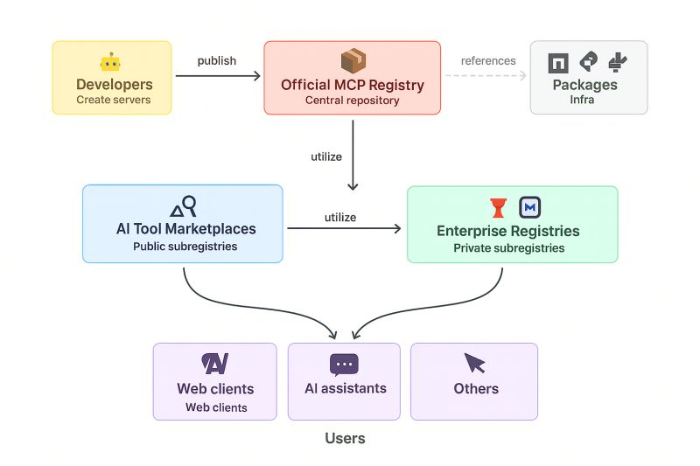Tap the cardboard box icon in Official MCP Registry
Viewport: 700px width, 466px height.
tap(353, 60)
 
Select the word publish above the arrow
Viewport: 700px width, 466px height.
tap(217, 61)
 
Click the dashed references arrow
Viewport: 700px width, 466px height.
tap(486, 76)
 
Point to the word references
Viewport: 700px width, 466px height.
tap(488, 60)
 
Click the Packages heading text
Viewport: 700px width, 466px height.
tap(584, 85)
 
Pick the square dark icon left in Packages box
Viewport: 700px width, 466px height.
tap(558, 63)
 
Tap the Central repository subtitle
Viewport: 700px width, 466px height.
tap(353, 101)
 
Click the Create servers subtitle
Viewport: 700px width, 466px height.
tap(114, 100)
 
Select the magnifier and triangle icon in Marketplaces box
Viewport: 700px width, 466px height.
tap(184, 206)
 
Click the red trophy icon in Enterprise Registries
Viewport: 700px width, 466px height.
tap(498, 208)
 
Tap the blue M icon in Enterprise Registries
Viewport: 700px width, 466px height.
tap(530, 207)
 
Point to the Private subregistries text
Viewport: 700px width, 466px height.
tap(509, 248)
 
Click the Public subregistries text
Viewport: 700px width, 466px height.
tap(185, 247)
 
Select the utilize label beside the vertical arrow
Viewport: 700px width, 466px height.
tap(326, 157)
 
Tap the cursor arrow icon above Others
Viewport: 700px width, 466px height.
tap(474, 363)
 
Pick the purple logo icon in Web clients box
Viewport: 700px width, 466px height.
tap(214, 364)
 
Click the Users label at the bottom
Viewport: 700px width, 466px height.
tap(345, 438)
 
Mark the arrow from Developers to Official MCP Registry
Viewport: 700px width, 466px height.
tap(218, 76)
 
